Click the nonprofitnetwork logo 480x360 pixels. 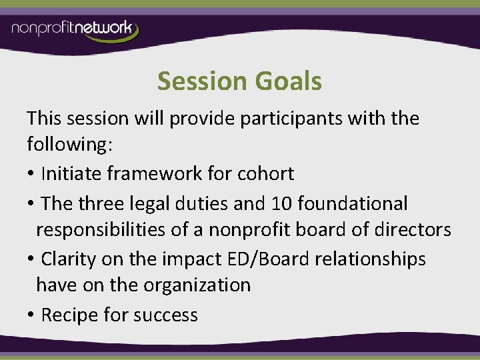(75, 30)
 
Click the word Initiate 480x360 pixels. (71, 174)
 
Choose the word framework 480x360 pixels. (155, 174)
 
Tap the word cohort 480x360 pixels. (264, 174)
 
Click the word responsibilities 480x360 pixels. (111, 230)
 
